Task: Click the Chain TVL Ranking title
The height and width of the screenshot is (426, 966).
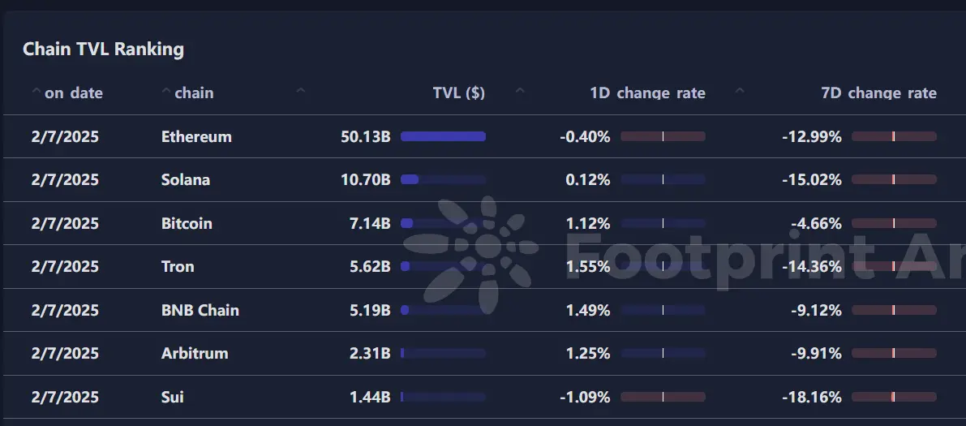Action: [x=103, y=49]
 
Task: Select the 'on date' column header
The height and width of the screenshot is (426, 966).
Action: [x=73, y=93]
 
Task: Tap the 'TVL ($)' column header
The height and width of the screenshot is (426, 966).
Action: [x=458, y=93]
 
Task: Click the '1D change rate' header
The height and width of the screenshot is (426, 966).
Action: [x=647, y=93]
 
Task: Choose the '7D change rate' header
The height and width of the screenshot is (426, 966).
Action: [x=878, y=93]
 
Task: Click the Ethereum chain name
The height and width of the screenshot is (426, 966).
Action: [x=196, y=136]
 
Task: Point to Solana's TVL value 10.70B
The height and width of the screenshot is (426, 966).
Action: [x=365, y=179]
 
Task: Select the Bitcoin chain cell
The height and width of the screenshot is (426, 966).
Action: [x=187, y=223]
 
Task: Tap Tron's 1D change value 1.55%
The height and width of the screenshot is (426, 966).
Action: [x=587, y=266]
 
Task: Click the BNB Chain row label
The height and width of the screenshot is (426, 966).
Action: [x=200, y=310]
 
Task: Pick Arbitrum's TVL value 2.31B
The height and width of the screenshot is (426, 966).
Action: [x=370, y=353]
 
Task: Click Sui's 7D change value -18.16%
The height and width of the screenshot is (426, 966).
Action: [x=811, y=397]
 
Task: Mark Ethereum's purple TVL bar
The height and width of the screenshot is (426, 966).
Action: [x=443, y=136]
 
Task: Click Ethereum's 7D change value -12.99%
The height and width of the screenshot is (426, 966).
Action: [x=811, y=136]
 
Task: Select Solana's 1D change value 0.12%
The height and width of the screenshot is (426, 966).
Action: [x=587, y=179]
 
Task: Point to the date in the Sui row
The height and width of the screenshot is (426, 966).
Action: [x=65, y=397]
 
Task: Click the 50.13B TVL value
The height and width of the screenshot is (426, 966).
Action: [x=365, y=136]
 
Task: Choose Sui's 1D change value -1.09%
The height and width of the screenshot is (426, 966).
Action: [x=584, y=397]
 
